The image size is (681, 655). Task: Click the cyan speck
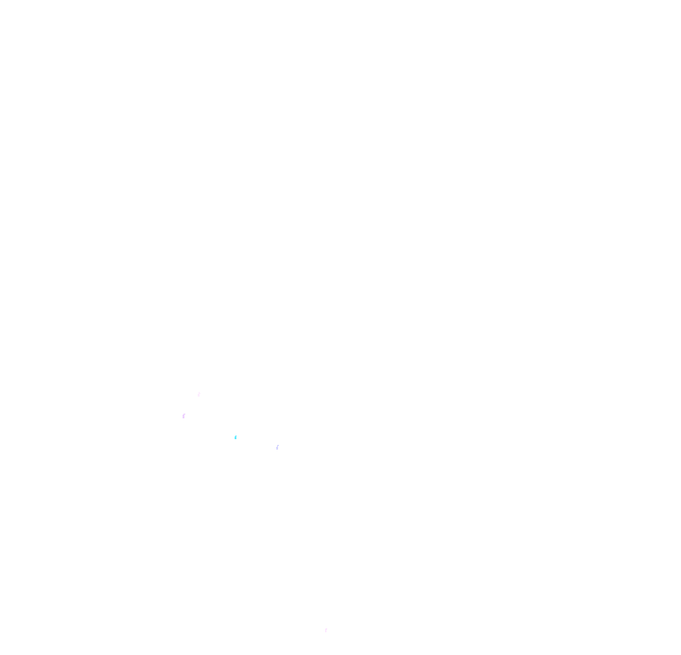coord(236,437)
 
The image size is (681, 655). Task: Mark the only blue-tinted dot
coord(236,437)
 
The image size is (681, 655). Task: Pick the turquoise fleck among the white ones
coord(236,437)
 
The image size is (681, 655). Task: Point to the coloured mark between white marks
coord(236,437)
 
